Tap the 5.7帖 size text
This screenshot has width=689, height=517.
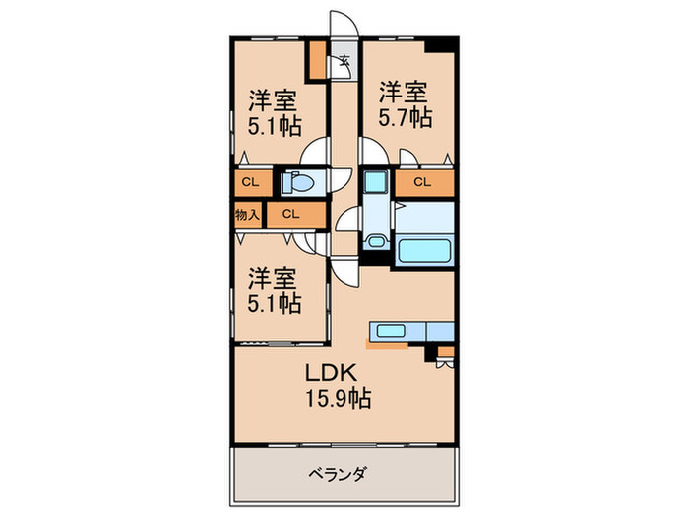click(406, 117)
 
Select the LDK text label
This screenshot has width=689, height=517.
click(328, 375)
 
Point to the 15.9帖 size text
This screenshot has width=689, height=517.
click(331, 400)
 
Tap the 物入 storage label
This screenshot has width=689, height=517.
click(247, 213)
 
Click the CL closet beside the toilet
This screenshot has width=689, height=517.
click(250, 182)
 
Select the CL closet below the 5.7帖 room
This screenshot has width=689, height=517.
click(422, 182)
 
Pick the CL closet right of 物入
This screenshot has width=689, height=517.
click(292, 213)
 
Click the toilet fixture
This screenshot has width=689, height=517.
click(297, 182)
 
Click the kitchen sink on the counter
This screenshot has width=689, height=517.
click(390, 330)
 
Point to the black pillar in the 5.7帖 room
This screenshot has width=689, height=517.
click(440, 44)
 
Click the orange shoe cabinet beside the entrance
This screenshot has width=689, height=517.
click(318, 61)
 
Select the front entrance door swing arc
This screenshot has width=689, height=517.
click(343, 24)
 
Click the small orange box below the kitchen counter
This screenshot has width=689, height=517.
click(446, 350)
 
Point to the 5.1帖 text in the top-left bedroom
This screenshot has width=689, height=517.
click(274, 126)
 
